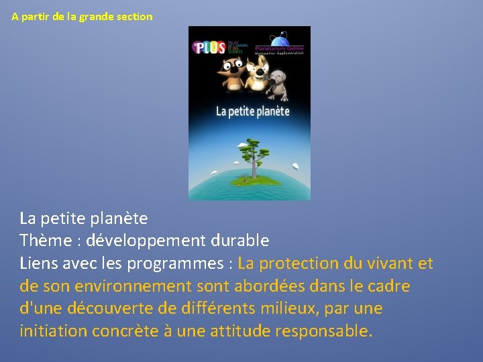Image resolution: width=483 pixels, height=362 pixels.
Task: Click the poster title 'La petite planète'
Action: [252, 111]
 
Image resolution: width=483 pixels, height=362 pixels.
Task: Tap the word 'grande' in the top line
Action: [97, 16]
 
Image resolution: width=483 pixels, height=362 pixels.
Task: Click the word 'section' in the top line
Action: [135, 16]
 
